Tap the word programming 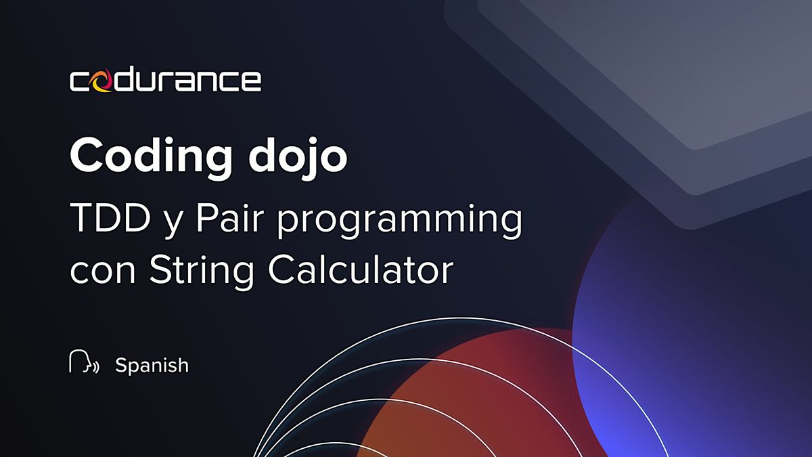pyautogui.click(x=400, y=222)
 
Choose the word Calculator pyautogui.click(x=361, y=270)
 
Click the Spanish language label pyautogui.click(x=152, y=365)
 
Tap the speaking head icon pyautogui.click(x=84, y=362)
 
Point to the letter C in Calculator pyautogui.click(x=281, y=270)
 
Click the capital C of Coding pyautogui.click(x=87, y=156)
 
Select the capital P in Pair pyautogui.click(x=206, y=219)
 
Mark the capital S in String pyautogui.click(x=160, y=270)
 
